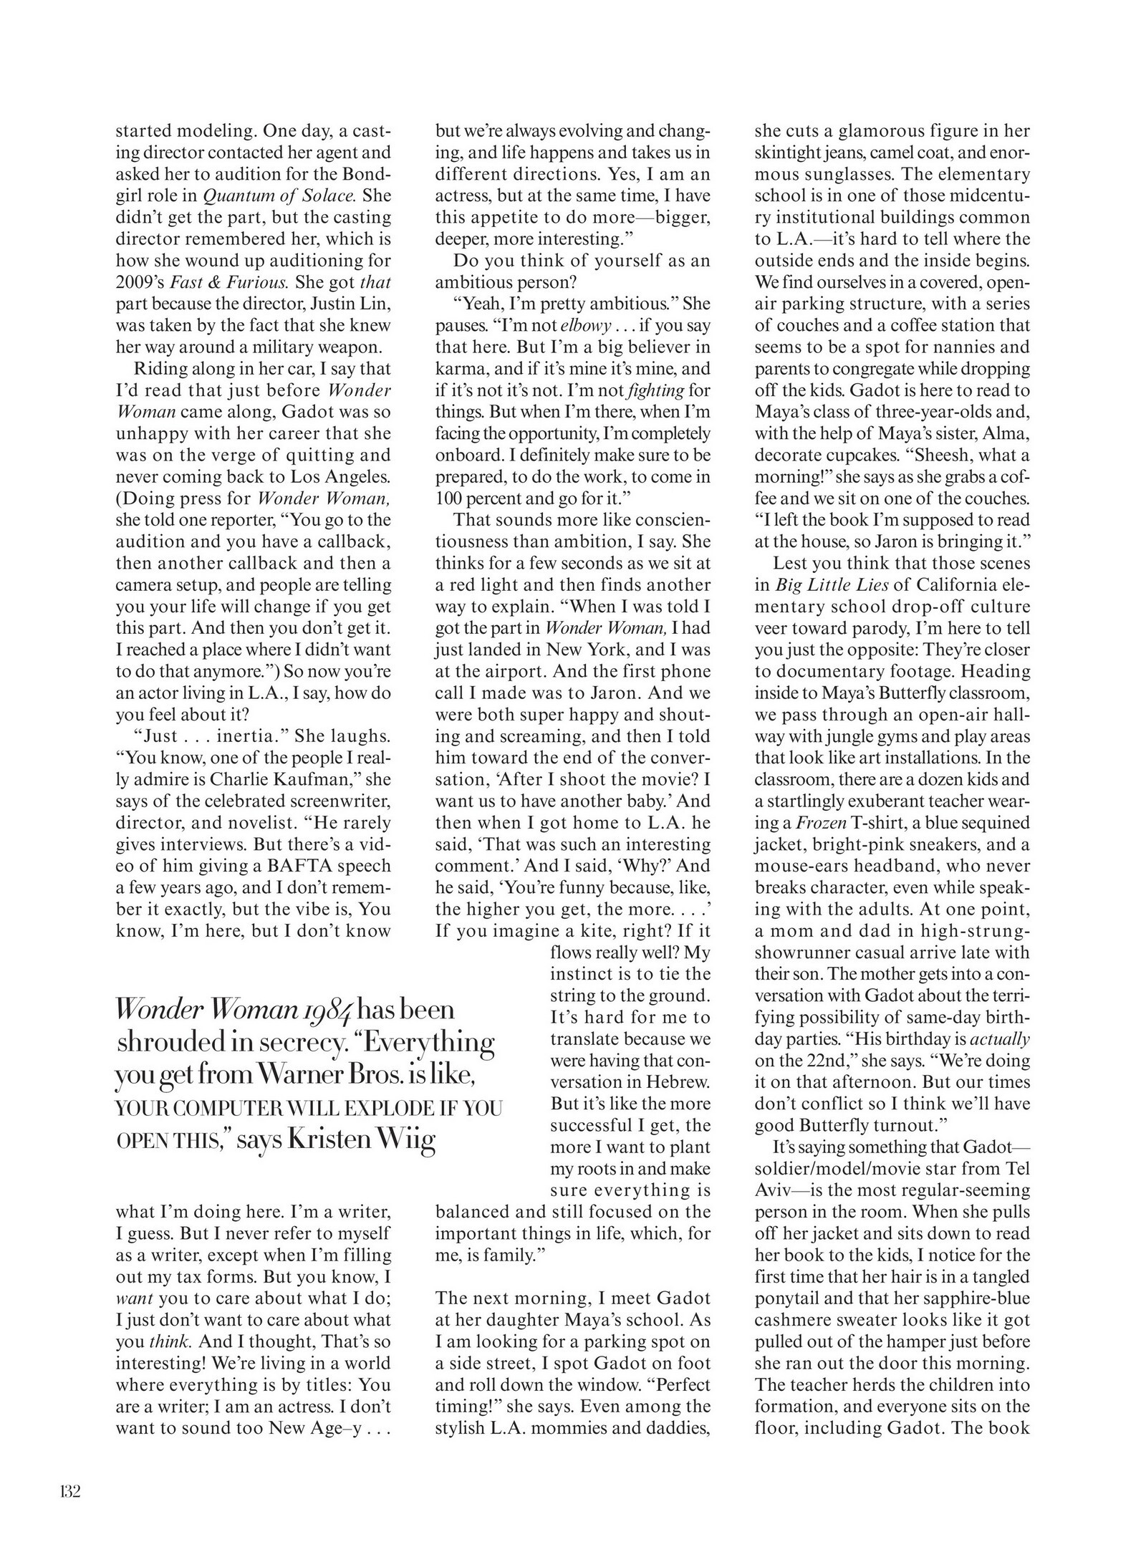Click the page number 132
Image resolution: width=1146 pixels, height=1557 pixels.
pos(70,1492)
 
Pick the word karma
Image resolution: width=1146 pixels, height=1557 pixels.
pos(458,370)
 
